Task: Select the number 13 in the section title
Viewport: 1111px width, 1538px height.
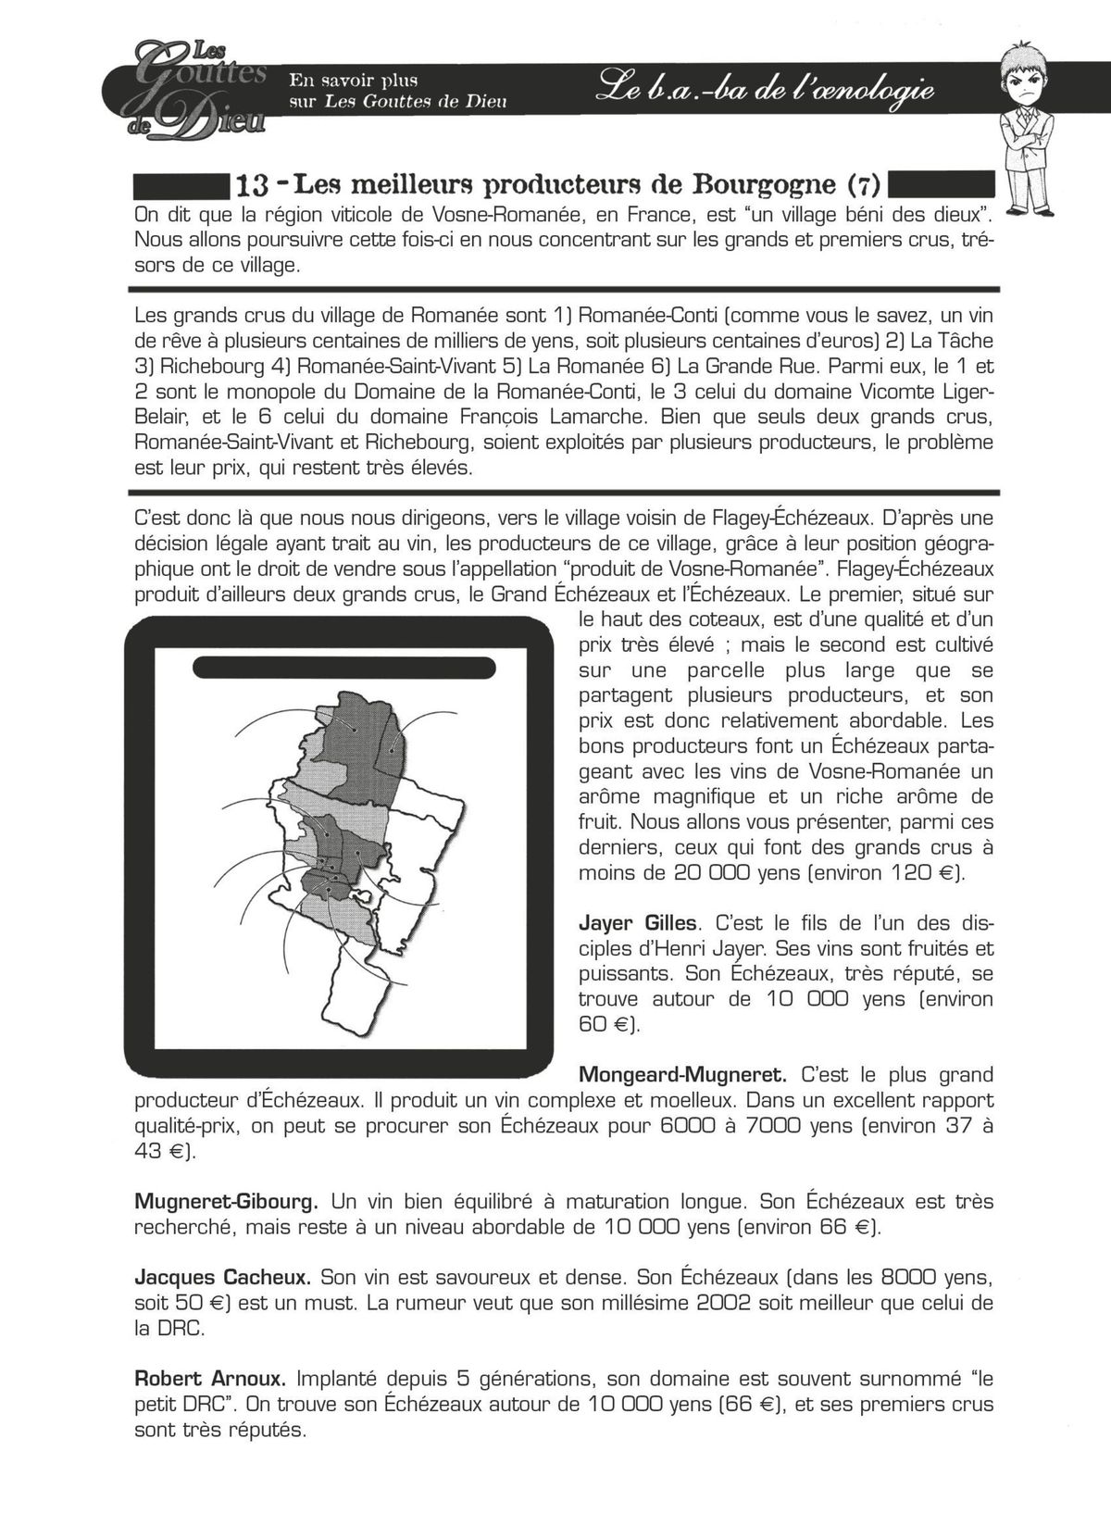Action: point(252,185)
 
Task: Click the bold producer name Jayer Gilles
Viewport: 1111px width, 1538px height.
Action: point(640,923)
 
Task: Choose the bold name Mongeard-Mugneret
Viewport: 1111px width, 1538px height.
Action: point(682,1075)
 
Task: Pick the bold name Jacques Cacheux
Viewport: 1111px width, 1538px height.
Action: point(222,1278)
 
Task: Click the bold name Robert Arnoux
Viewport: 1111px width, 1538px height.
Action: point(210,1379)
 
